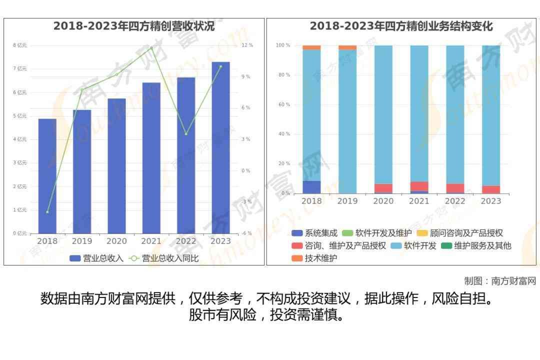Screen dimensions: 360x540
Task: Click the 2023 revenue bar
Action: point(220,147)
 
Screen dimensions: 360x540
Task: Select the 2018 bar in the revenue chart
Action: point(47,176)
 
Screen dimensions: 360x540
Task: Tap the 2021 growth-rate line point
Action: point(151,48)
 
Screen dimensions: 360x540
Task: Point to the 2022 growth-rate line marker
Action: point(186,134)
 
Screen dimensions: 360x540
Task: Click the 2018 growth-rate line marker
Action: point(47,212)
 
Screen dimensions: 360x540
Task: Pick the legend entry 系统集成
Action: point(314,233)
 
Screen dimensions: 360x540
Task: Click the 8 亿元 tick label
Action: point(20,45)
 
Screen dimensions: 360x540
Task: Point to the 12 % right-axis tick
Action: point(247,45)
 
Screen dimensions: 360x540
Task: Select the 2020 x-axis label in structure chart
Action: point(383,201)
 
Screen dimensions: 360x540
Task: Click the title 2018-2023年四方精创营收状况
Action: point(134,26)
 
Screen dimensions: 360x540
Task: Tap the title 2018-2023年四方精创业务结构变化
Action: point(401,26)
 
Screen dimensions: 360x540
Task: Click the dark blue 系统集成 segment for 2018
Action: point(311,187)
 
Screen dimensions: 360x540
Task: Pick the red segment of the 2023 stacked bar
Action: point(491,189)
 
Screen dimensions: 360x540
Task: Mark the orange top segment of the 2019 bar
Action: point(347,47)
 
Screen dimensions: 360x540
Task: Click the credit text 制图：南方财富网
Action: point(500,281)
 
